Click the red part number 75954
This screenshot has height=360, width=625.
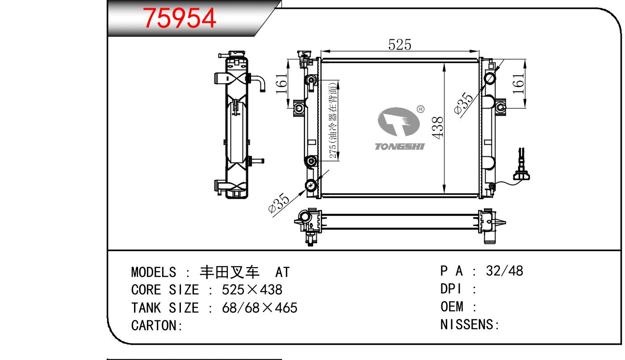(180, 18)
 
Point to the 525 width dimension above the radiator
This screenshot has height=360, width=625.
(399, 45)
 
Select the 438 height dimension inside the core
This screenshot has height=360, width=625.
(437, 127)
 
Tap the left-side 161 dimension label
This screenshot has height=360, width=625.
(281, 84)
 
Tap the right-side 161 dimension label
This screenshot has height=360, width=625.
(518, 84)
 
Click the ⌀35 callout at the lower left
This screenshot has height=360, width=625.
(278, 203)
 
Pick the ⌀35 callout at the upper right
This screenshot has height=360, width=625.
(464, 103)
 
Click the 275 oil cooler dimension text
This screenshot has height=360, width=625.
(333, 120)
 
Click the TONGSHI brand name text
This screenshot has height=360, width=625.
(399, 147)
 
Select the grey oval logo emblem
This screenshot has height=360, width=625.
(398, 122)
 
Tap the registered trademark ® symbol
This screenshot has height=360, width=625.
(420, 109)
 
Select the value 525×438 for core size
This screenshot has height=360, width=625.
(252, 290)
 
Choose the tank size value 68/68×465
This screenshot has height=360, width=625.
(260, 308)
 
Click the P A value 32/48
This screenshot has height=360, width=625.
(504, 271)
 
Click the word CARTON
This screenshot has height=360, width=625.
(154, 326)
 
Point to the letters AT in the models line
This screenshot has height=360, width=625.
(282, 272)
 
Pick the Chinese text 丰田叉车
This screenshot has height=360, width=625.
(230, 272)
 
